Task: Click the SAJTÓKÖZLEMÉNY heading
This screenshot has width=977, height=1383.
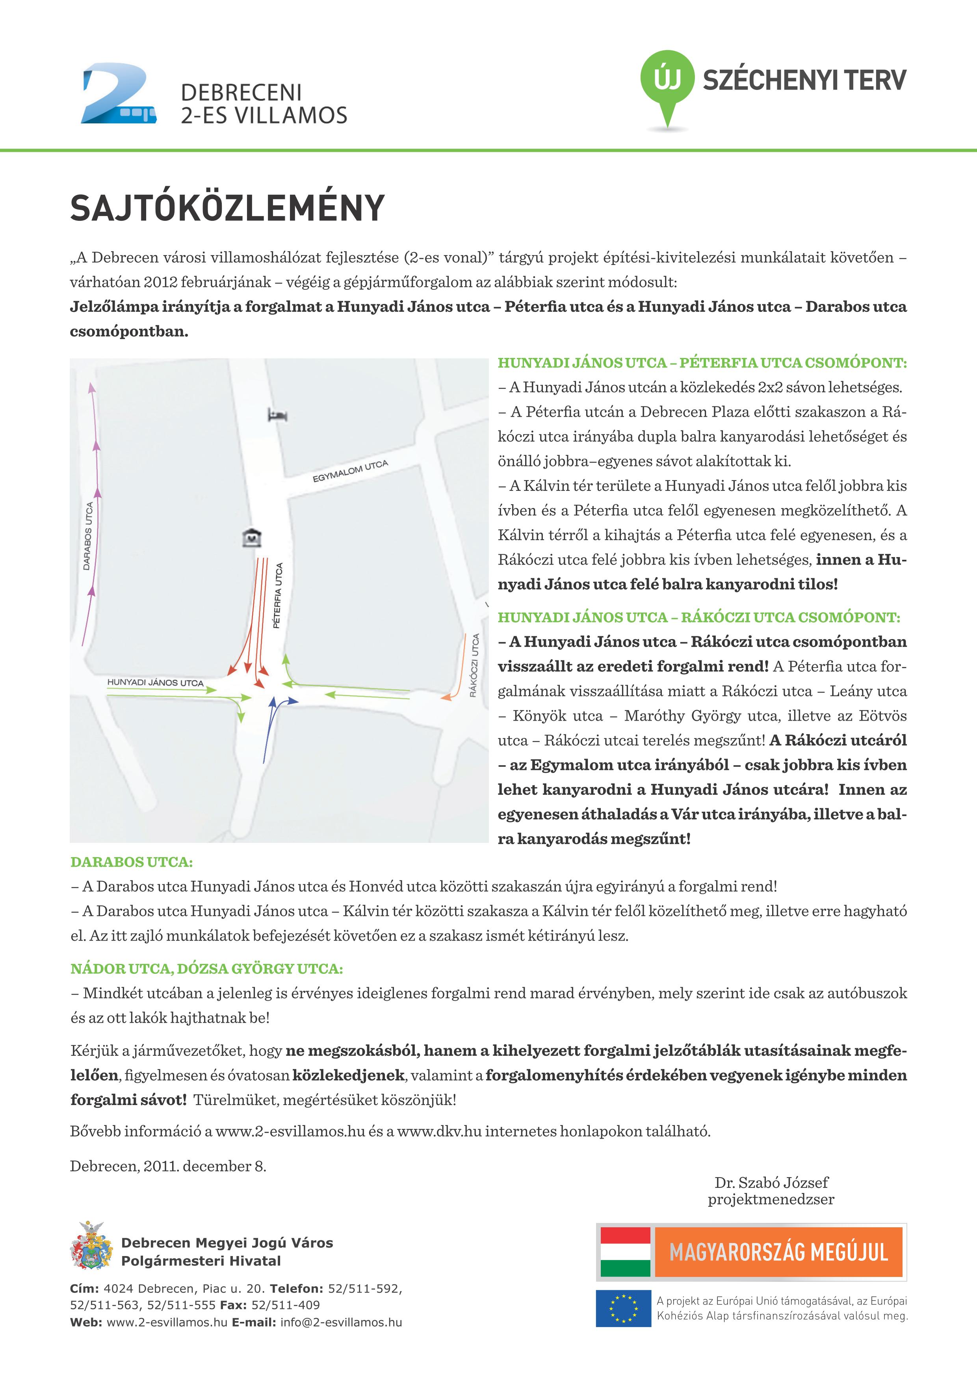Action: [x=227, y=209]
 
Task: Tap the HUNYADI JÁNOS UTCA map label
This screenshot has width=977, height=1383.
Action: [x=155, y=682]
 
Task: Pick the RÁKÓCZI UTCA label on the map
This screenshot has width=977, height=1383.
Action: [x=475, y=665]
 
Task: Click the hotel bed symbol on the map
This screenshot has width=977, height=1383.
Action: [x=277, y=414]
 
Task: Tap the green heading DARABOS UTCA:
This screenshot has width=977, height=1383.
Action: [x=131, y=862]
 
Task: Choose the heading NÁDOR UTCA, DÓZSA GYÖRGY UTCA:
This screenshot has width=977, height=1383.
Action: [x=206, y=969]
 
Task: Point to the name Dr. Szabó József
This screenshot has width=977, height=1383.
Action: [x=771, y=1182]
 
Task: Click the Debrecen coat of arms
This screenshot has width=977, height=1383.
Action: [x=91, y=1246]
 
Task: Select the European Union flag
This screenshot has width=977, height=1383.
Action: [x=624, y=1308]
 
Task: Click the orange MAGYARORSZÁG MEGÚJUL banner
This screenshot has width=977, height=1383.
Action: [x=778, y=1252]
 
